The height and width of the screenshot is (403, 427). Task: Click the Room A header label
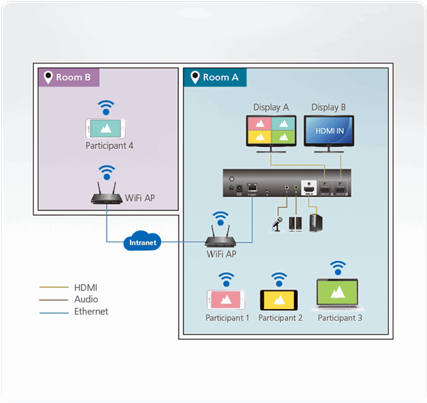pos(215,77)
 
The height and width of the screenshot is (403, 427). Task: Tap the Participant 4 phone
pos(106,129)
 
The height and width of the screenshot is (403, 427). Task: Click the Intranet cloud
pos(142,242)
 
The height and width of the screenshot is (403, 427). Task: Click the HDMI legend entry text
pos(86,287)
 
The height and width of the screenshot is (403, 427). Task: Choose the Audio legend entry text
pos(86,299)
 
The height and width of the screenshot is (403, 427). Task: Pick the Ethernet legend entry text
pos(91,311)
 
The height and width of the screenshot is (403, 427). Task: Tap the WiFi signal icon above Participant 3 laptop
pos(339,267)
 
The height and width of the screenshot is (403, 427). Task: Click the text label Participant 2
pos(280,318)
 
